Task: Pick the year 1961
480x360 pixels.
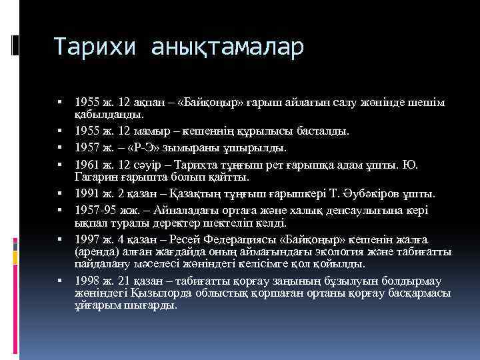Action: [87, 163]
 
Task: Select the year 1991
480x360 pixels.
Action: [87, 193]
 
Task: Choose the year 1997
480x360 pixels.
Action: [87, 240]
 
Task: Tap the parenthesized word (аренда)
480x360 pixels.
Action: [97, 251]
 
